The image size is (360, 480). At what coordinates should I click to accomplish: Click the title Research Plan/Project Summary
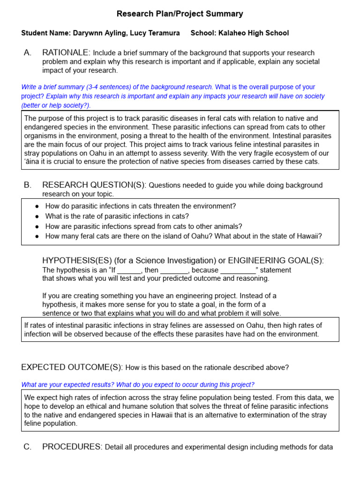pos(180,14)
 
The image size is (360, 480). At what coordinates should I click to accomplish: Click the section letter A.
pos(27,52)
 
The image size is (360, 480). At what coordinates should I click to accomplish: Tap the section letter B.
pos(27,185)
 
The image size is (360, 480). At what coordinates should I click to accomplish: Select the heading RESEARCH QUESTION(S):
pos(94,185)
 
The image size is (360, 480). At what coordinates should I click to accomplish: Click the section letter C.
pos(27,447)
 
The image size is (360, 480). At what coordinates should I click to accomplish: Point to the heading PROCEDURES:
pos(72,447)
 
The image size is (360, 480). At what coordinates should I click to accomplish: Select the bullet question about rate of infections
pos(117,216)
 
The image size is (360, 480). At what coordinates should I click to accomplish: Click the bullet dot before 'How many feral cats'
pos(37,236)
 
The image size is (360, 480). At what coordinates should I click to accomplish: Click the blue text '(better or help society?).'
pos(56,105)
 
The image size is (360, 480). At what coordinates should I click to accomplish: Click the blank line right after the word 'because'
pos(238,270)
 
